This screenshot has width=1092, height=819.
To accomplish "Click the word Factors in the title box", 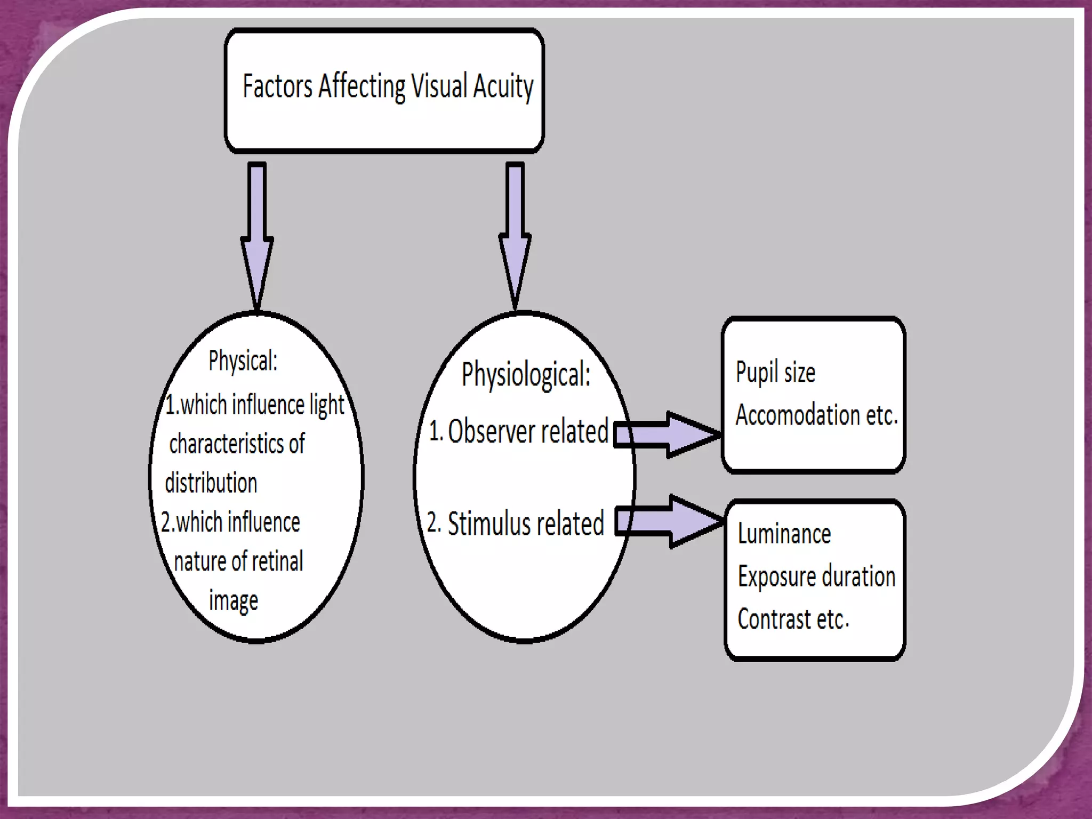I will tap(277, 86).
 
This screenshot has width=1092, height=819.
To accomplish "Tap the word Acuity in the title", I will tap(503, 87).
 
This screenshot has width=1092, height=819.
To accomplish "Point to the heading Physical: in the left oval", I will tap(243, 362).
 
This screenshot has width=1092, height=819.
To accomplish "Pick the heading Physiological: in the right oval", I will tap(526, 375).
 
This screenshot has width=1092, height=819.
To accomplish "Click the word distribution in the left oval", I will tap(211, 483).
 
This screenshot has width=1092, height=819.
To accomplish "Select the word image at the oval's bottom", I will tap(234, 601).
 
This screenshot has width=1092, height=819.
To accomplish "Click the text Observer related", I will tap(527, 431).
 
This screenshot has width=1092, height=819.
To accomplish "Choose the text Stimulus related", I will tap(525, 524).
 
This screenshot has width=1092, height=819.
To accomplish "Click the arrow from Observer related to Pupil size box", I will tap(667, 435).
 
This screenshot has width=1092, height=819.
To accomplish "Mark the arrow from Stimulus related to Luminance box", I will tap(669, 521).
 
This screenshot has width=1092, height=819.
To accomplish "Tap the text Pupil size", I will tap(775, 372).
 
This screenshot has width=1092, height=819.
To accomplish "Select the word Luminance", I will tap(784, 534).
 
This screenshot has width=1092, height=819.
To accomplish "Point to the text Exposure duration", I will tap(816, 577).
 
